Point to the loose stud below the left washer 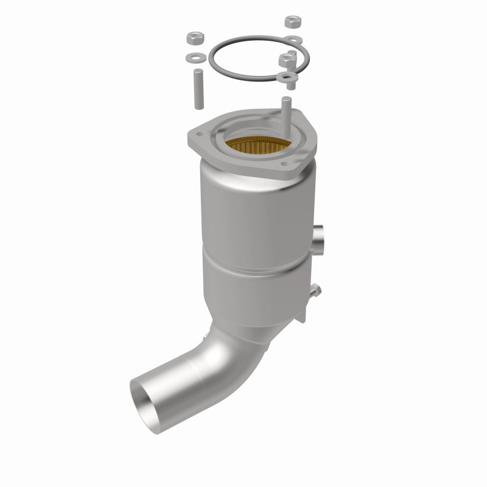tap(198, 90)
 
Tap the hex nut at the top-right tap(291, 22)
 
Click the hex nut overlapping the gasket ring tap(286, 60)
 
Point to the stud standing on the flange tap(285, 112)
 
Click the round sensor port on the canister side tap(320, 239)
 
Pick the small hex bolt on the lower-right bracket tap(314, 291)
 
